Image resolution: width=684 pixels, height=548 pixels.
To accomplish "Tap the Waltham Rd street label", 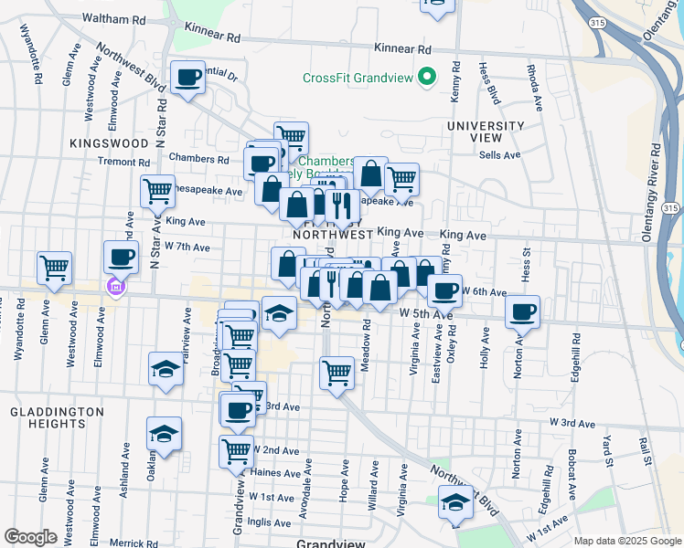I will pos(114,18).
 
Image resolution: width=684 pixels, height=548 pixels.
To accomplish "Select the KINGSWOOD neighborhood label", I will pos(109,143).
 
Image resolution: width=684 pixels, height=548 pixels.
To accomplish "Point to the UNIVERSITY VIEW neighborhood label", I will pos(486,131).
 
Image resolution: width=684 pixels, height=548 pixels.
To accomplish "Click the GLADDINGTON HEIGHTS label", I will pos(57,417).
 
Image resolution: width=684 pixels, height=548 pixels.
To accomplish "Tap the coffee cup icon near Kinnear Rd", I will pos(187,78).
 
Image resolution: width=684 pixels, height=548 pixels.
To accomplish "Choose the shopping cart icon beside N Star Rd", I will pos(157,192).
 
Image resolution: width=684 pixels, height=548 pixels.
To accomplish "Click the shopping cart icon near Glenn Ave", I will pos(54,269).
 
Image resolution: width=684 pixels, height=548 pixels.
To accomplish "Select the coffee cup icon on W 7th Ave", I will pos(121,257).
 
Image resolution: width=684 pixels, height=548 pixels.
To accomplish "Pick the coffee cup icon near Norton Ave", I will pos(522,311).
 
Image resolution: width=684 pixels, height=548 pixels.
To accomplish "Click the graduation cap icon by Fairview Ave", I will pos(165,370).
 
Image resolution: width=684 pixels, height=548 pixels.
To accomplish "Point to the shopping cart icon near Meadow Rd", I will pos(337,373).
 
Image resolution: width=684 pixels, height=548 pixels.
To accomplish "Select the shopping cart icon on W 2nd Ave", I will pos(236,451).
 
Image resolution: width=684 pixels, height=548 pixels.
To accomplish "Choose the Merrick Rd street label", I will pos(132,543).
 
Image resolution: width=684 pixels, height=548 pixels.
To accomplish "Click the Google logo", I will pos(31,537).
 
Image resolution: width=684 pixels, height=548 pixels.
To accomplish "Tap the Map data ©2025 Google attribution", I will pos(626,541).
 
